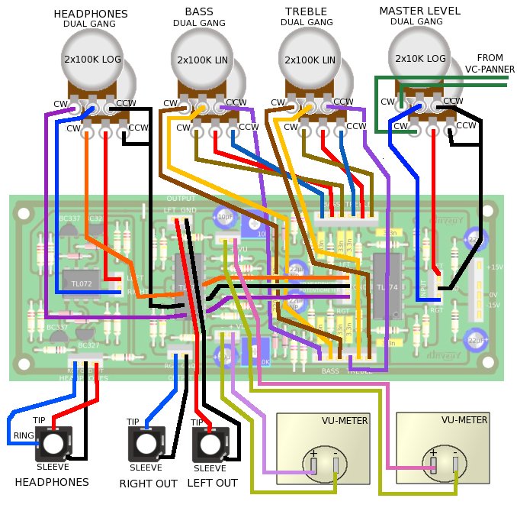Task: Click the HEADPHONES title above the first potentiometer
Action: [x=91, y=14]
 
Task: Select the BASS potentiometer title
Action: [x=198, y=11]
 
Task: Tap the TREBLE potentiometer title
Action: [x=306, y=11]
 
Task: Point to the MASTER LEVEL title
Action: [x=419, y=11]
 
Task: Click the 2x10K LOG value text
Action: [x=419, y=58]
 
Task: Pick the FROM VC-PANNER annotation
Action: [x=490, y=63]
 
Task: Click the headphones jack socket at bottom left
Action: [x=53, y=443]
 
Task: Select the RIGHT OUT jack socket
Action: [x=145, y=443]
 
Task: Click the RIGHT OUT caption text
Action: [x=148, y=484]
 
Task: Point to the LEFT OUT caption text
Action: [x=211, y=484]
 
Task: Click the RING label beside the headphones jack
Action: [x=22, y=437]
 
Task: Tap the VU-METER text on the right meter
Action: [x=464, y=420]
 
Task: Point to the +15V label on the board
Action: [x=495, y=267]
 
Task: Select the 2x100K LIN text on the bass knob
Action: [x=202, y=60]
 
